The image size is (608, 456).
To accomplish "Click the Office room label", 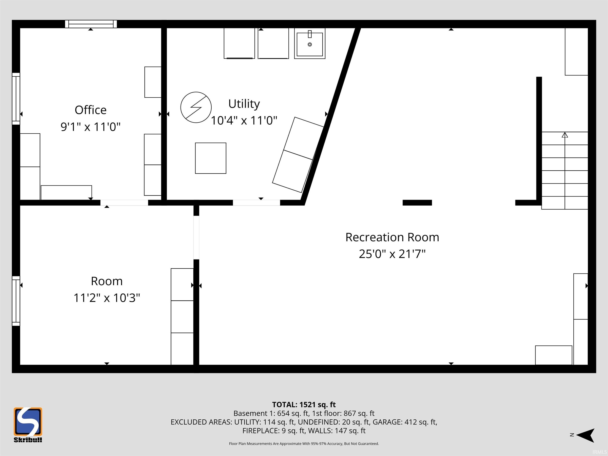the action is pos(90,110).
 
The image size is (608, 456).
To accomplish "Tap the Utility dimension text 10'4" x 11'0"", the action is pos(244,120).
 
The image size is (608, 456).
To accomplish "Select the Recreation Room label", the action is pos(392,237).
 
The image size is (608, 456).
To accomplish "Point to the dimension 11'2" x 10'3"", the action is pos(107,298).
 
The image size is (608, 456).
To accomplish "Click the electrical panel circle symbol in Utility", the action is pos(196,107).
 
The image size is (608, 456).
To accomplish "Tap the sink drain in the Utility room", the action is pos(310,44).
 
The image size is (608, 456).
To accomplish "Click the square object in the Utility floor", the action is pos(211,158).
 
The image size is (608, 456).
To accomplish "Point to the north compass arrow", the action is pos(585,435).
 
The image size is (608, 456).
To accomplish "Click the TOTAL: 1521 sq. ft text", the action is pos(304,405).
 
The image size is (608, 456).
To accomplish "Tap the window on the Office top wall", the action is pos(91,24).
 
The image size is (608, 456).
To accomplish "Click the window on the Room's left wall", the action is pos(16,301).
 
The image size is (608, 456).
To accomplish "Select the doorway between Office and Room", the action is pos(124,203).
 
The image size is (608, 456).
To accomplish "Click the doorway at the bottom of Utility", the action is pos(256,203).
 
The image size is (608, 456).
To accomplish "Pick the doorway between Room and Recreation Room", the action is pos(196,237).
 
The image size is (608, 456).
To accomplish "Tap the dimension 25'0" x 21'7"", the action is pos(392,254).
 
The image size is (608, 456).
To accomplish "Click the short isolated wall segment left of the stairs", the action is pos(417,203).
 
